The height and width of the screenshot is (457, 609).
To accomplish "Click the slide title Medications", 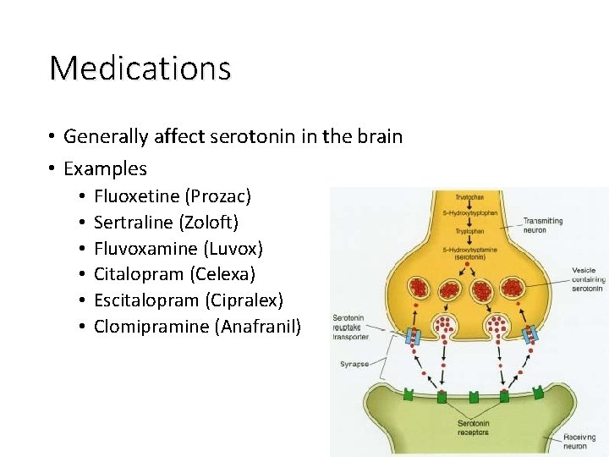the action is tap(140, 68).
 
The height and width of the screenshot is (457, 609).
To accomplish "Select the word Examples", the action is tap(105, 168).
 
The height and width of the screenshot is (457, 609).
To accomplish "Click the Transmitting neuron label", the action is tap(543, 225).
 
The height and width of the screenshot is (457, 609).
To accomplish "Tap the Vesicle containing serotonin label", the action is tap(586, 280).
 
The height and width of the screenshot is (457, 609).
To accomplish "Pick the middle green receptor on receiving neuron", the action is tap(472, 396).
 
